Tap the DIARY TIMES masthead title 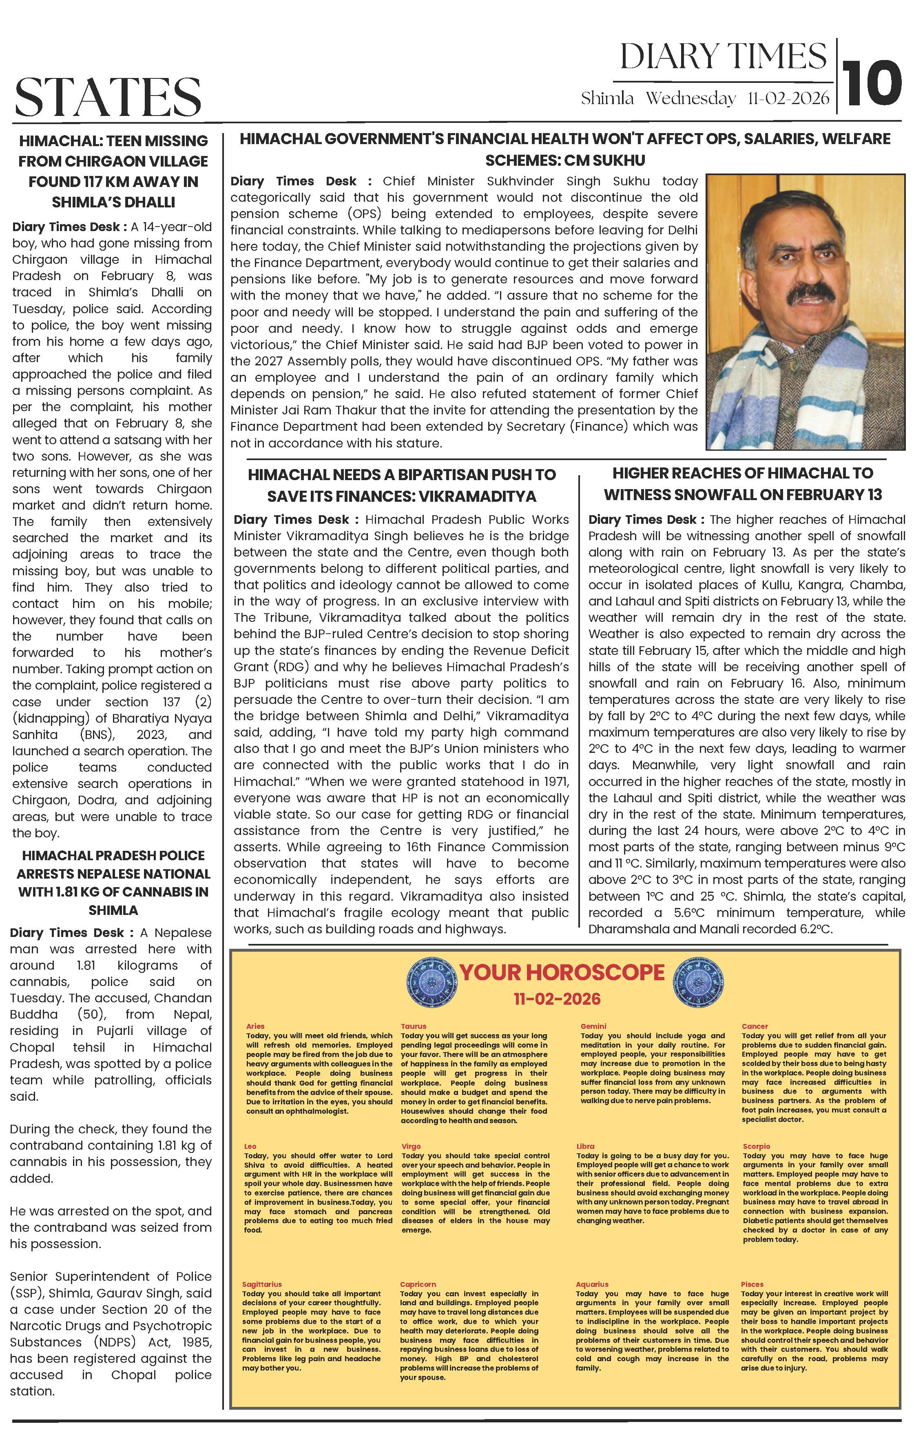723,57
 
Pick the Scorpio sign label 756,1146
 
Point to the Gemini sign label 593,1026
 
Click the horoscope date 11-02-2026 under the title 557,999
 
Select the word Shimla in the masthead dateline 607,98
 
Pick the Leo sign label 250,1146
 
